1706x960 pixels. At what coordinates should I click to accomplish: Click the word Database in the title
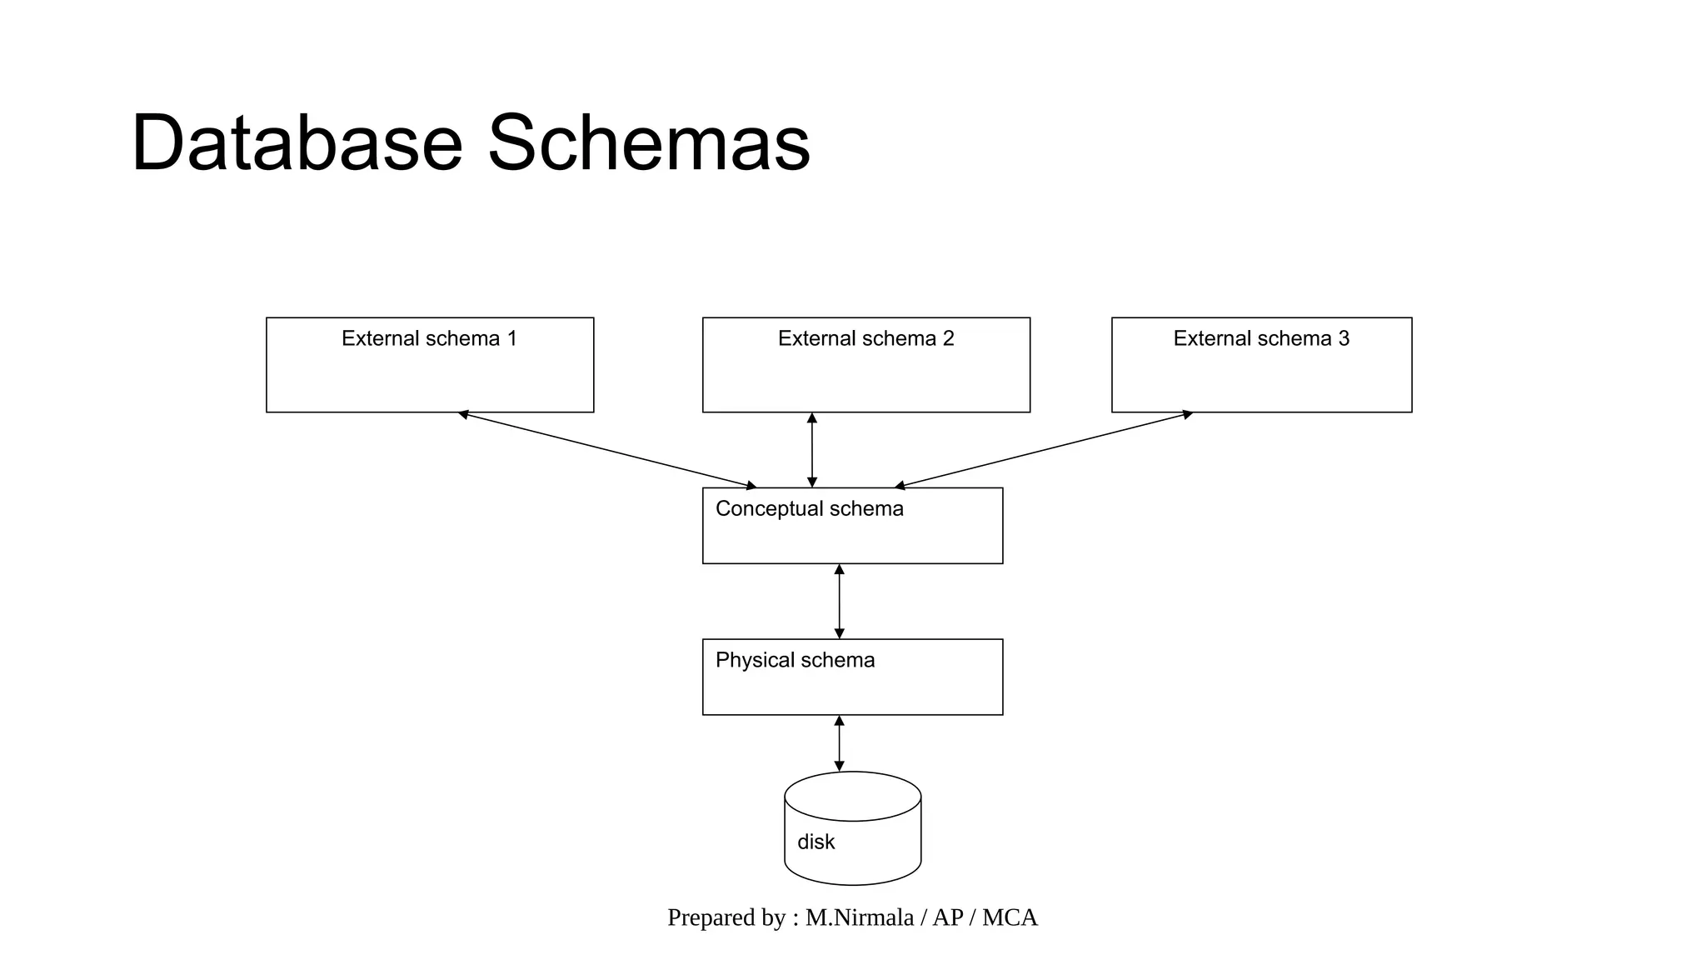297,143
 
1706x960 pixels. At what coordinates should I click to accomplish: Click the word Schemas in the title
648,143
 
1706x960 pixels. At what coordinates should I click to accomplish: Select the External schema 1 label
429,338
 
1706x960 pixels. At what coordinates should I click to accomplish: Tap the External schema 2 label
865,338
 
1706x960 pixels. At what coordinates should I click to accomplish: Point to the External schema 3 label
1261,338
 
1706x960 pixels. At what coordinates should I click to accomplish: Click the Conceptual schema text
809,508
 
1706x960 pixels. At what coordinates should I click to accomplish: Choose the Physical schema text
795,660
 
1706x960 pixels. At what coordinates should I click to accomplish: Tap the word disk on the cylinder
816,842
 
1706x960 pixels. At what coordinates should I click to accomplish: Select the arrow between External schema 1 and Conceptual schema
607,449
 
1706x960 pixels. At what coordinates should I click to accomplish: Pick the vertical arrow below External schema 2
812,450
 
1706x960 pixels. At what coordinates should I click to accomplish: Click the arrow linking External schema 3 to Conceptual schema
1043,449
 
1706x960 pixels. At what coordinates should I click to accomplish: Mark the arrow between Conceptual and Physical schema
839,602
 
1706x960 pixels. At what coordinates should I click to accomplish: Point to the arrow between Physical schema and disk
839,743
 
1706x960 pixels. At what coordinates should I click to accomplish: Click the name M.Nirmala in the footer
859,917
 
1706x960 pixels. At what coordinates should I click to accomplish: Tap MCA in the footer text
1010,917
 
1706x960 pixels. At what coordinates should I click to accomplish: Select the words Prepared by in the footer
726,917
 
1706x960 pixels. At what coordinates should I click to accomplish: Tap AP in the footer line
947,917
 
